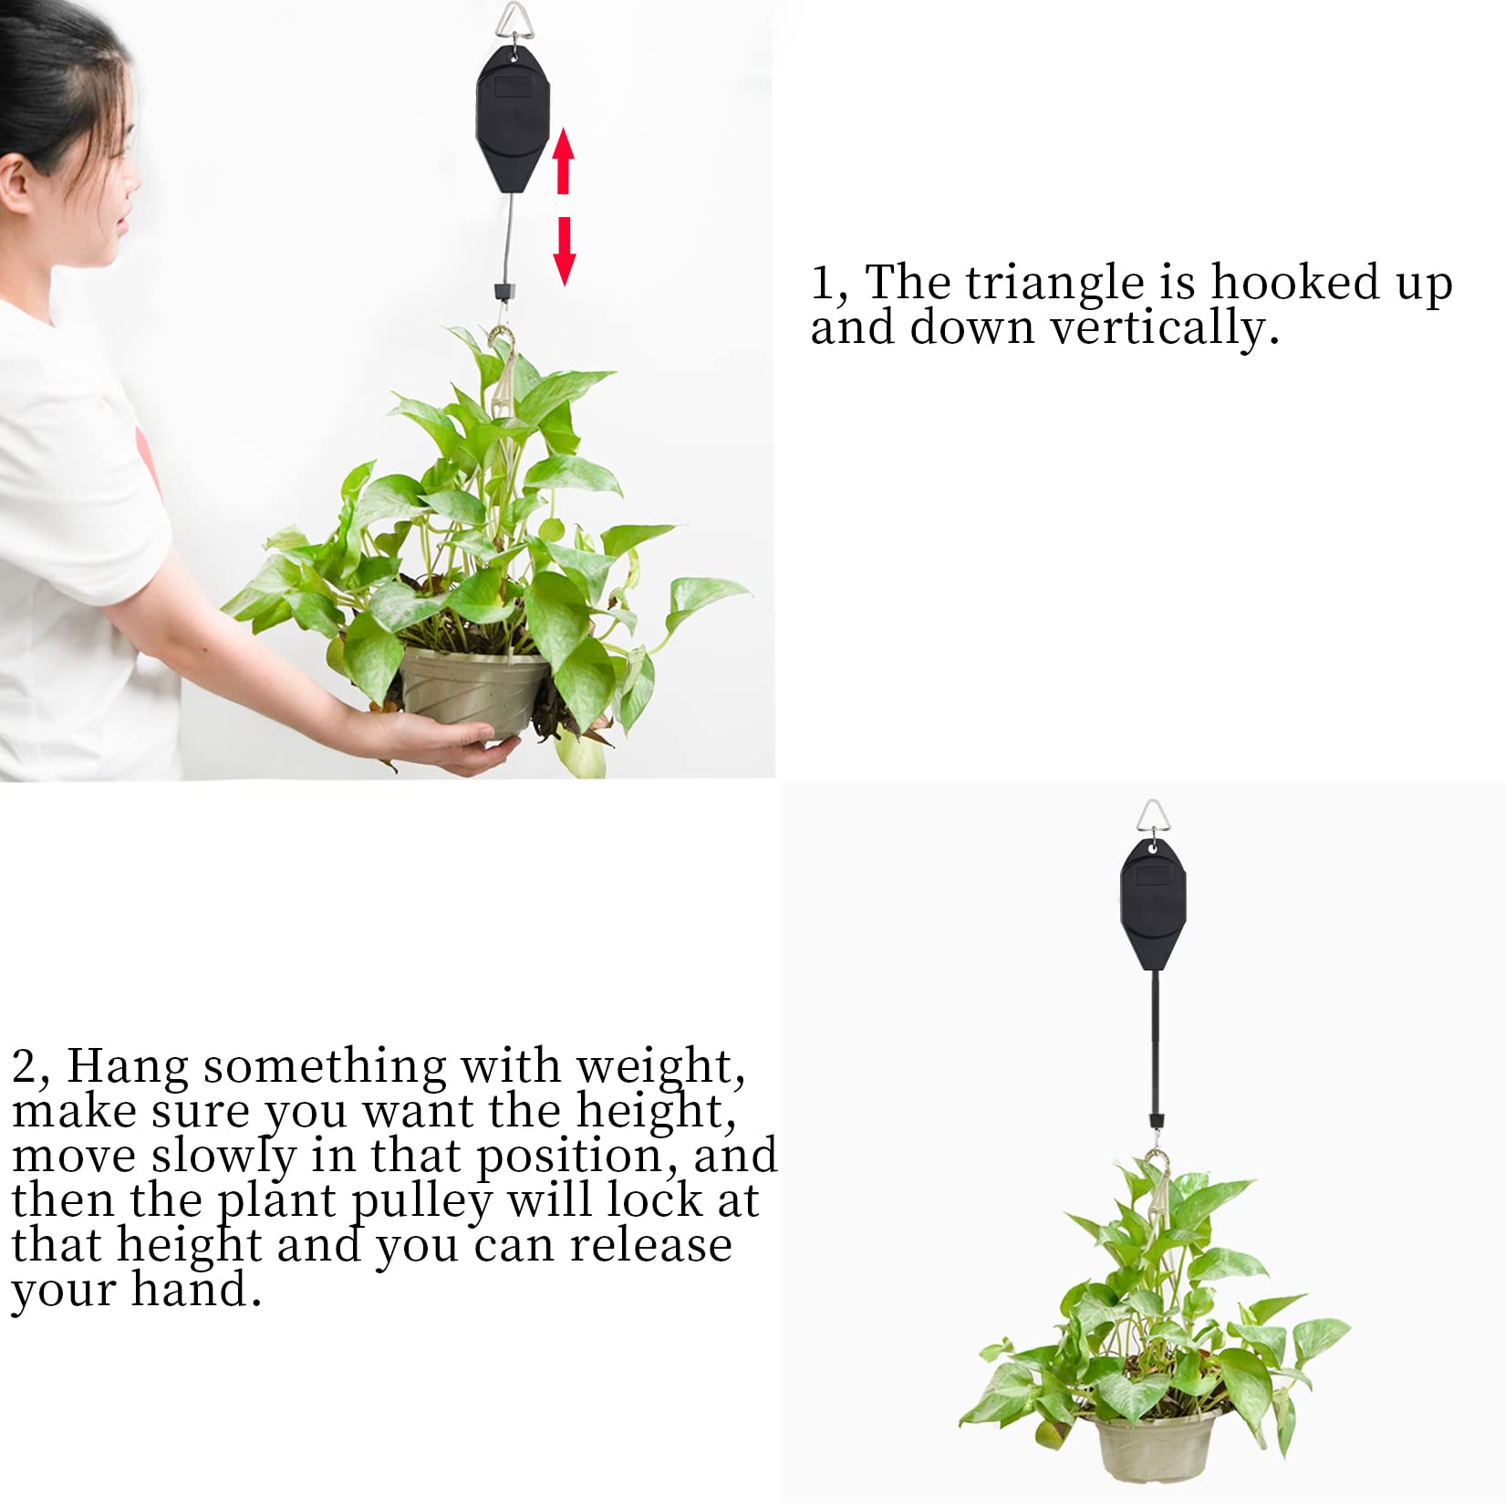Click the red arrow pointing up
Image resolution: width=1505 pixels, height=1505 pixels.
pyautogui.click(x=564, y=161)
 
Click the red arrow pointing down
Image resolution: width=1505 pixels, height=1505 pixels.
pyautogui.click(x=565, y=251)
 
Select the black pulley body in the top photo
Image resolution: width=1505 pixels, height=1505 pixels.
pyautogui.click(x=514, y=119)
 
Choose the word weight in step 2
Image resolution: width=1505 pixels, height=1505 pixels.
pyautogui.click(x=660, y=1066)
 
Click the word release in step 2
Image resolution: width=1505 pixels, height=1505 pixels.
pyautogui.click(x=651, y=1246)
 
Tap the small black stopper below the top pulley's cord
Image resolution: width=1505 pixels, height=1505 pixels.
pyautogui.click(x=501, y=293)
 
